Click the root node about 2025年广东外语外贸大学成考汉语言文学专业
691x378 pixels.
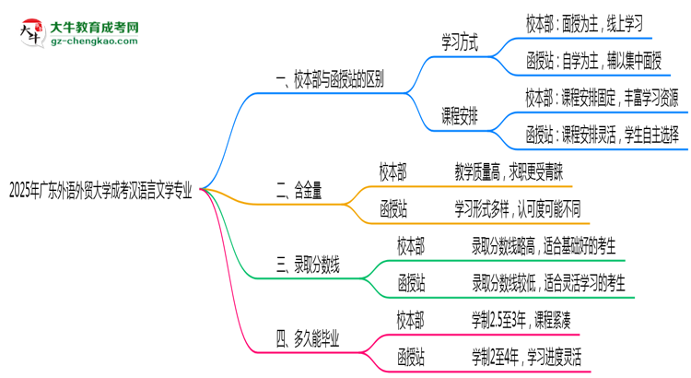[100, 192]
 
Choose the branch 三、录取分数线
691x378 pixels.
[308, 266]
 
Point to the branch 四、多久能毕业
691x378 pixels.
[308, 340]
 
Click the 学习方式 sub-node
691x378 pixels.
[460, 42]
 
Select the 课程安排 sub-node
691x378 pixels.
[460, 116]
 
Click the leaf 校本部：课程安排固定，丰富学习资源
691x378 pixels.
[603, 98]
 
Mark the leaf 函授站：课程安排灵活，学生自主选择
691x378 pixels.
[603, 135]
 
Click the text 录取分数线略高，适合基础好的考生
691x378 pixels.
[543, 246]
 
